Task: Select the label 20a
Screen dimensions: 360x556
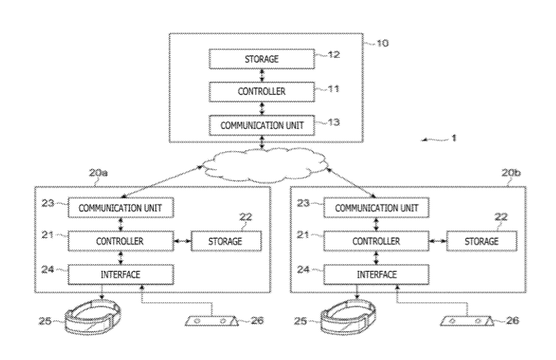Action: coord(98,173)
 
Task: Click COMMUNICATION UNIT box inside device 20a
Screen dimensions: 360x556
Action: coord(120,207)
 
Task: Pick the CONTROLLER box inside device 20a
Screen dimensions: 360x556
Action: coord(120,240)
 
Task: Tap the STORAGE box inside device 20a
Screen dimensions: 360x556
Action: coord(226,240)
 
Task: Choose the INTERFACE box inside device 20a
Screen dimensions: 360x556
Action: coord(120,272)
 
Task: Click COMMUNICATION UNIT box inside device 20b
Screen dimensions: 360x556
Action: coord(377,207)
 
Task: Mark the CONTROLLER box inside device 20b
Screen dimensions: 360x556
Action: coord(377,240)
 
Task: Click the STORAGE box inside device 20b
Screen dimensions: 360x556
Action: coord(482,240)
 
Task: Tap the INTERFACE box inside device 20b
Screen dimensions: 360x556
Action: coord(377,272)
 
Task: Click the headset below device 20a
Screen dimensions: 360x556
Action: coord(93,316)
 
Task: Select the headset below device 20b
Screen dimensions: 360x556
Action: coord(349,316)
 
